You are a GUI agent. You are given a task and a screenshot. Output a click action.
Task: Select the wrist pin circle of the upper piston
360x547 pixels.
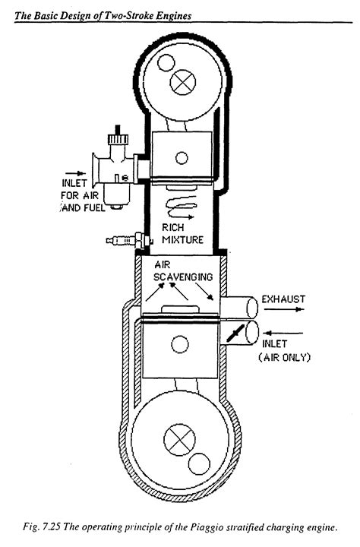pos(181,158)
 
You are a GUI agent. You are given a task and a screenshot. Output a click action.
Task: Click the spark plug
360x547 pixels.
pos(122,242)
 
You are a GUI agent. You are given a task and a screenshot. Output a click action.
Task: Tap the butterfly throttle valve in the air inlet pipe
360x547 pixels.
pos(234,333)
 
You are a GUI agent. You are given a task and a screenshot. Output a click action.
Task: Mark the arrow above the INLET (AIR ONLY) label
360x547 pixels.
pos(282,331)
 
